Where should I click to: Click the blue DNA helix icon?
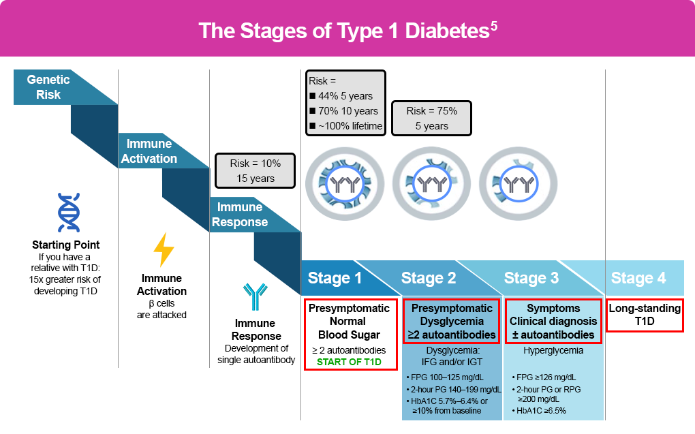tap(69, 213)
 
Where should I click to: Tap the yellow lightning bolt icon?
tap(163, 249)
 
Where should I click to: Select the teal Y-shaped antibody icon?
tap(256, 296)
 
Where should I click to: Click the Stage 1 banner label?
tap(335, 278)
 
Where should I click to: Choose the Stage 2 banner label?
tap(429, 278)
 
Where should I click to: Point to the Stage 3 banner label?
tap(531, 278)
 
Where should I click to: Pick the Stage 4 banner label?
tap(638, 278)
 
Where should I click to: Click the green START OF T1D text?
tap(349, 362)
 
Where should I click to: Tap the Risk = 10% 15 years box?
tap(255, 171)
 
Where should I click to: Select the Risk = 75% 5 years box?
tap(431, 119)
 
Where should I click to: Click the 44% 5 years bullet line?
tap(341, 96)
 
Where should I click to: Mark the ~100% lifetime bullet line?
tap(345, 126)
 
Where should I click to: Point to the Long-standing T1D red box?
tap(645, 315)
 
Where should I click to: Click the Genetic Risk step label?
tap(48, 87)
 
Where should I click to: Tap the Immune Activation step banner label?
tap(149, 151)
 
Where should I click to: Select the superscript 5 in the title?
tap(494, 26)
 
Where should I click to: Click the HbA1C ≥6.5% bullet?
tap(539, 411)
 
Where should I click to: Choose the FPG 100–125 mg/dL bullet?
tap(444, 377)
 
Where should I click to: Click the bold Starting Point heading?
tap(65, 245)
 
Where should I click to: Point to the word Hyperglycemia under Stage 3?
tap(553, 351)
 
